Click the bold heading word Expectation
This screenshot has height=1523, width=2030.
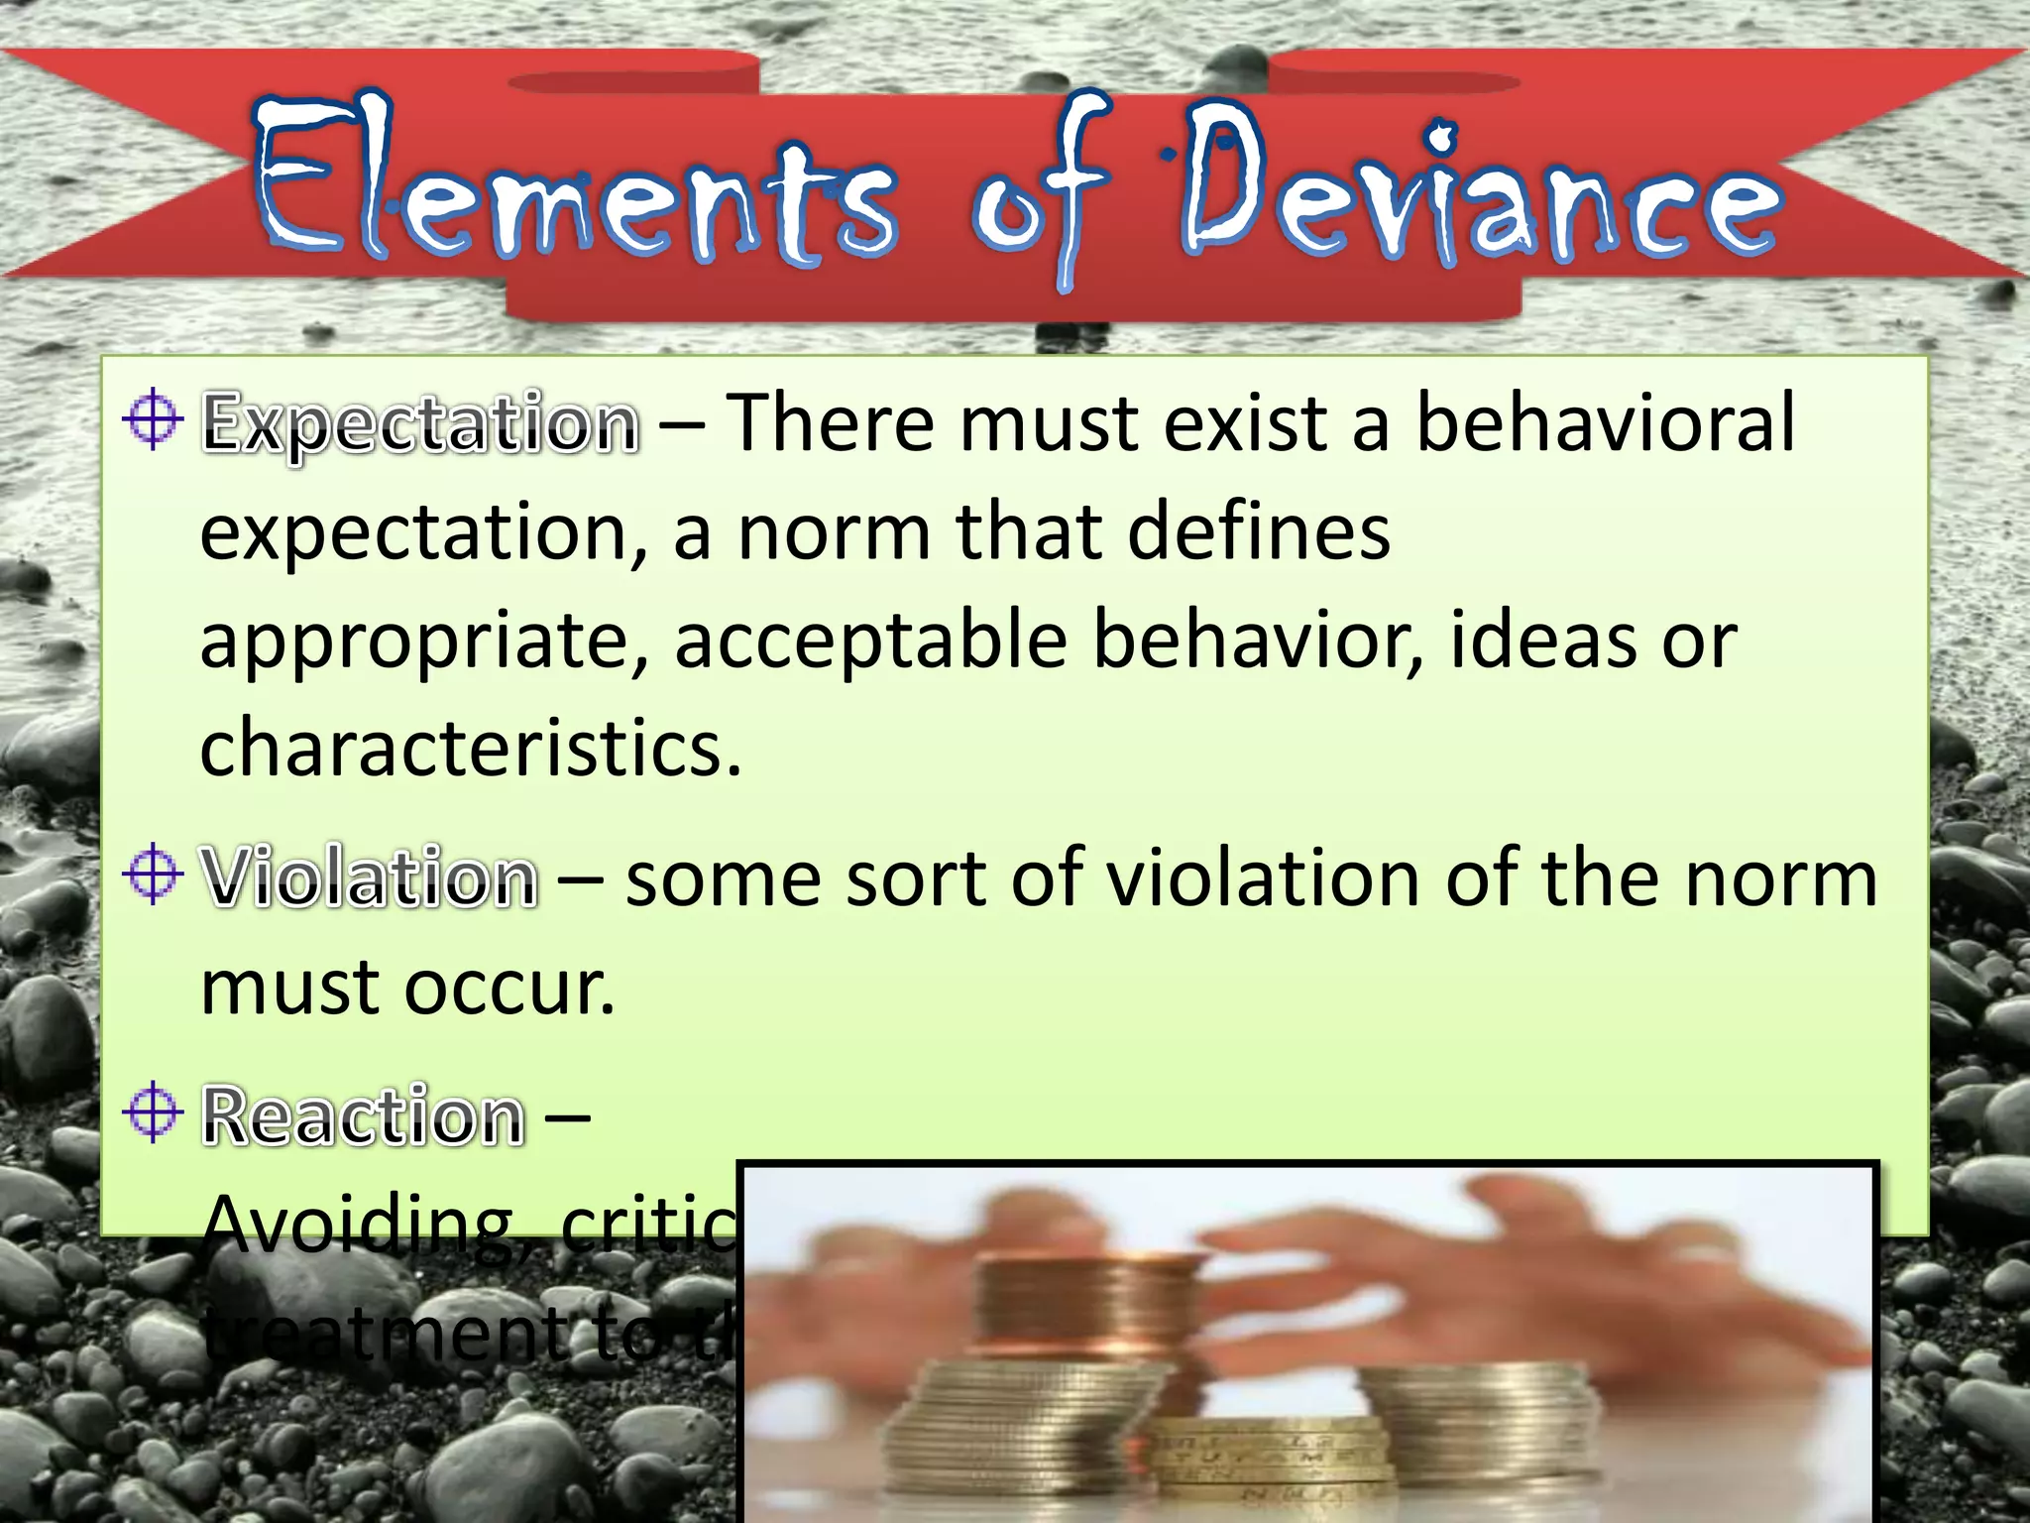coord(420,423)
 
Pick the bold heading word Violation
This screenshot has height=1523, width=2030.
coord(370,879)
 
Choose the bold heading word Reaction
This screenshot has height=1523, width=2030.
coord(363,1116)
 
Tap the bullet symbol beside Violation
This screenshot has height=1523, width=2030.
coord(153,874)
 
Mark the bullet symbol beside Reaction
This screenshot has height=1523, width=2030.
coord(153,1112)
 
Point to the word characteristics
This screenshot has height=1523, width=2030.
coord(470,749)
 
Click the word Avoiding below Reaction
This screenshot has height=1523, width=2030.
coord(371,1226)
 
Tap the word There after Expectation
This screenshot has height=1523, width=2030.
coord(831,423)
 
